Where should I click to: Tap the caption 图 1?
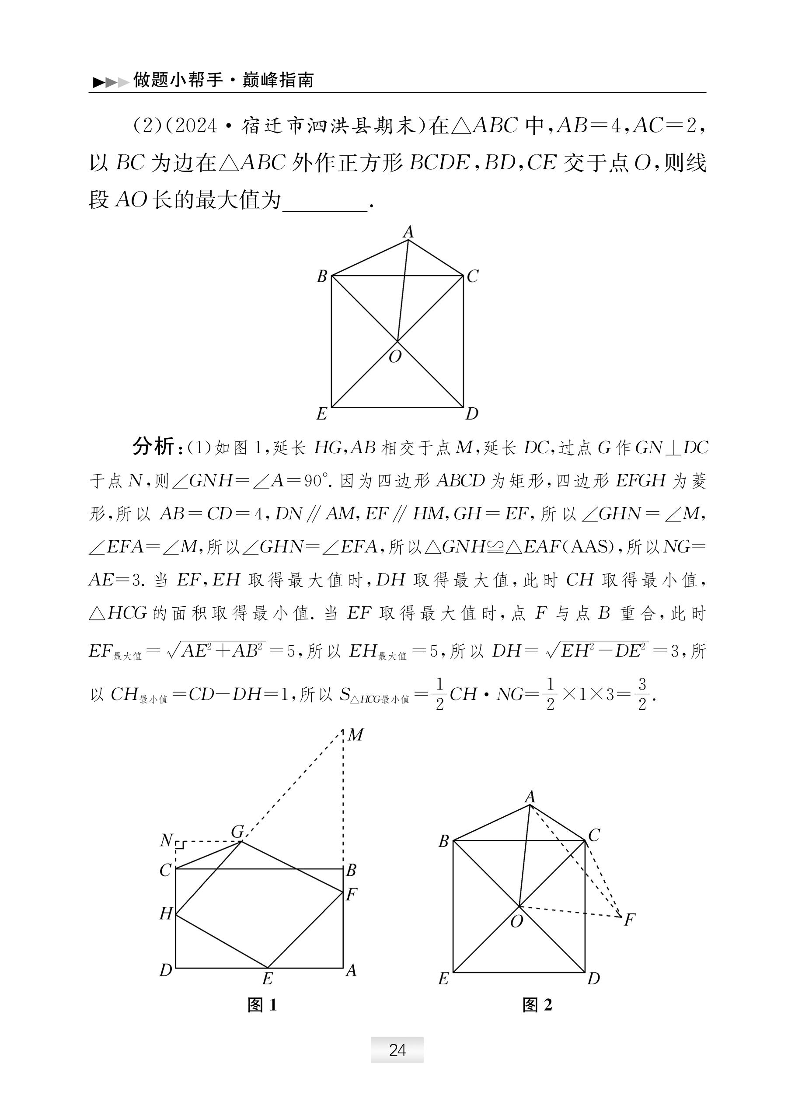262,1005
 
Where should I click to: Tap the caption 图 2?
537,1005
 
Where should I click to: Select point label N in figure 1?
167,840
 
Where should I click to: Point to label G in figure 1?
237,832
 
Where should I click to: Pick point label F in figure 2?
630,920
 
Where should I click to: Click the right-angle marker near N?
180,845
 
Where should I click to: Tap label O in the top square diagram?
395,357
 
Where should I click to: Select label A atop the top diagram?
408,232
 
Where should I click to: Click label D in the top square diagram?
472,414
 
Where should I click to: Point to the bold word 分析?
153,447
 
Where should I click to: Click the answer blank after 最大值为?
325,201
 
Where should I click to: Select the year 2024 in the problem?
195,126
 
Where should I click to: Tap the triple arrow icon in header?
111,82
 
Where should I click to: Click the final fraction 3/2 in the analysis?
642,694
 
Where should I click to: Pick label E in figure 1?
267,979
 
